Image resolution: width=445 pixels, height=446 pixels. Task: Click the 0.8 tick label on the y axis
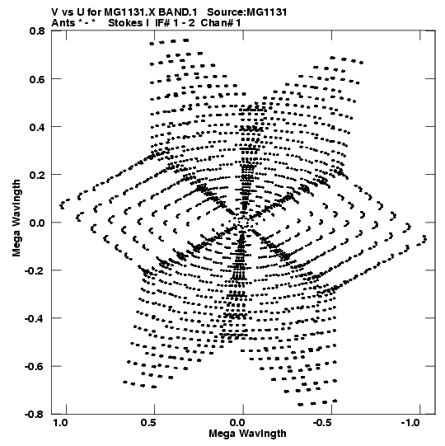click(37, 31)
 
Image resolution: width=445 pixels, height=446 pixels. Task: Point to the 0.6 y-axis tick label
click(37, 79)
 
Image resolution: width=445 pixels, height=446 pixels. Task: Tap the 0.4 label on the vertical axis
click(37, 127)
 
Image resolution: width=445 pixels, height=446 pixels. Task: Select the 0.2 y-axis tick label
click(37, 175)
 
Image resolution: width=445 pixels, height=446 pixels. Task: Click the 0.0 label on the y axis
click(37, 223)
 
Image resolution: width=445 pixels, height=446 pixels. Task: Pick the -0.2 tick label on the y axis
click(35, 270)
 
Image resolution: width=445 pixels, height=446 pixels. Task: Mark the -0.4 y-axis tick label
click(35, 318)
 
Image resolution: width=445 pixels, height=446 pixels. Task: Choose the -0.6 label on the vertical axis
click(35, 366)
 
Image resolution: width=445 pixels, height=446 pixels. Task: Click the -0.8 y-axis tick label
click(35, 414)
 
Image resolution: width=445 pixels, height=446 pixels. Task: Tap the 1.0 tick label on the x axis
click(60, 423)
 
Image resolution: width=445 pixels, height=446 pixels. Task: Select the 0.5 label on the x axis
click(148, 423)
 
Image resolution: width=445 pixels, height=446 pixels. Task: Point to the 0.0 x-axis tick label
click(237, 423)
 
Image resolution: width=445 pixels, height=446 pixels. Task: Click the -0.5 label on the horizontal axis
click(323, 423)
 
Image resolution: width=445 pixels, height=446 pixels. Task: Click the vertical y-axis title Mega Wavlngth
click(16, 218)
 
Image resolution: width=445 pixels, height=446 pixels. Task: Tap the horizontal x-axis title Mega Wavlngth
click(247, 434)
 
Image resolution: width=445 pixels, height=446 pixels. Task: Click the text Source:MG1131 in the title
click(247, 12)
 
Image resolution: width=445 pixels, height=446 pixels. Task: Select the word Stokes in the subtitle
click(129, 23)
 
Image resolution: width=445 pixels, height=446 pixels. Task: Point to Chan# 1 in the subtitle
click(221, 23)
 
